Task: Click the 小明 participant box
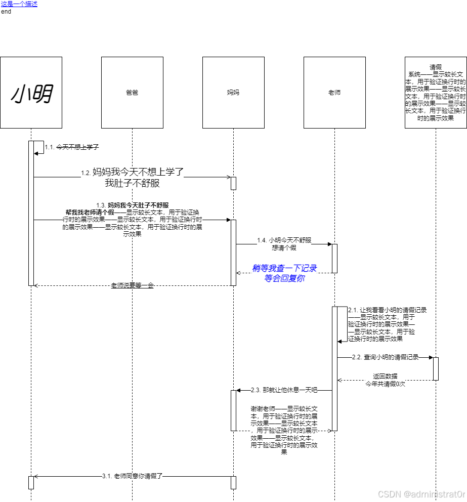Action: tap(31, 93)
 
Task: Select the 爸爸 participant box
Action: tap(132, 93)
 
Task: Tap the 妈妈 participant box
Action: tap(233, 93)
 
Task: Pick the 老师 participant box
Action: tap(334, 93)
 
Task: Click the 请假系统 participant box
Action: tap(436, 93)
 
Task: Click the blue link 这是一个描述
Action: tap(19, 4)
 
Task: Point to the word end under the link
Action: tap(6, 11)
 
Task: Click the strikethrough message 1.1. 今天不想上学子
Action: tap(72, 147)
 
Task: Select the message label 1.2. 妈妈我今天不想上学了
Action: tap(133, 173)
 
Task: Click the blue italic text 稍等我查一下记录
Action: tap(284, 268)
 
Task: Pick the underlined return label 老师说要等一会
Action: tap(132, 285)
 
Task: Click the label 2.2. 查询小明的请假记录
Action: tap(386, 357)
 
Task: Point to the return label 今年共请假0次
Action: tap(386, 384)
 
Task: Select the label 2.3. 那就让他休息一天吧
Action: tap(284, 390)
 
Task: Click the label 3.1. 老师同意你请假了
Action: tap(132, 476)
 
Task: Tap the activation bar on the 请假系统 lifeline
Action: tap(436, 368)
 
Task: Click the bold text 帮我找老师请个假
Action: tap(90, 212)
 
